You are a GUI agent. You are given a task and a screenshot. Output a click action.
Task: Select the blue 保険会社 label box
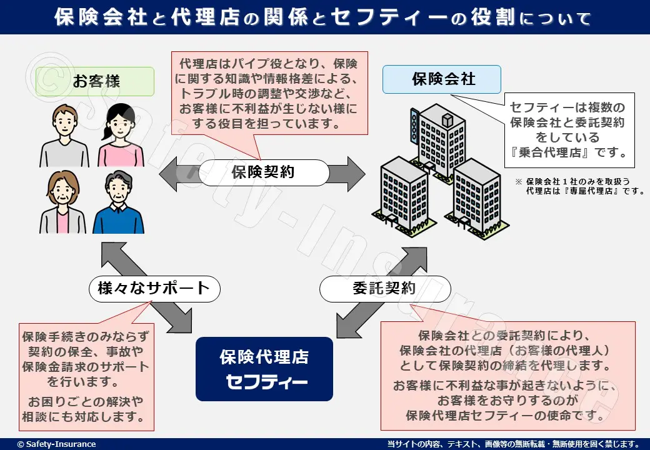[x=442, y=79]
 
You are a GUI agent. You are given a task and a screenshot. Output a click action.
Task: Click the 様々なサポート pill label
[x=154, y=288]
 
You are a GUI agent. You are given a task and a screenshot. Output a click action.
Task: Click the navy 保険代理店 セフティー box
[x=264, y=369]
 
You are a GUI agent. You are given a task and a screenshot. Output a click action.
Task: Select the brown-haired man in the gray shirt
[x=64, y=134]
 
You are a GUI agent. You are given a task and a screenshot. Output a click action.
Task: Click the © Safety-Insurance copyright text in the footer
[x=56, y=444]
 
